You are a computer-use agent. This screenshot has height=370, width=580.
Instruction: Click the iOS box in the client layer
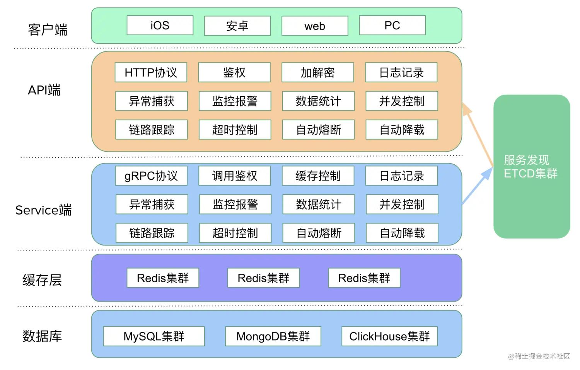click(160, 26)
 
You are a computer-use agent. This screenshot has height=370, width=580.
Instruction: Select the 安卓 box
click(237, 26)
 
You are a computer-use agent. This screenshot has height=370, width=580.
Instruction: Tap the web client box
click(315, 26)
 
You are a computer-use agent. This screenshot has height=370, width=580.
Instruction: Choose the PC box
click(392, 26)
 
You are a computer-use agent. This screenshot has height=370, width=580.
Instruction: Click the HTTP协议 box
click(151, 72)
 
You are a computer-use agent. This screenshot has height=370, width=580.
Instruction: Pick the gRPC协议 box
click(151, 176)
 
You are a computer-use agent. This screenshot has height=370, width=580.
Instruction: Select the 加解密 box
click(317, 72)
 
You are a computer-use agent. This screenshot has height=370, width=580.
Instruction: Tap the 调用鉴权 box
click(235, 176)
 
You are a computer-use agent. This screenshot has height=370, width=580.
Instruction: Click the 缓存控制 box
click(318, 176)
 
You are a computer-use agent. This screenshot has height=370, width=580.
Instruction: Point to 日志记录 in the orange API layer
click(401, 72)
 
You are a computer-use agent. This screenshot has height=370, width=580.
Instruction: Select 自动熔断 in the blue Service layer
click(319, 233)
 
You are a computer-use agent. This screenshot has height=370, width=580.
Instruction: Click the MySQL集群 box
click(154, 336)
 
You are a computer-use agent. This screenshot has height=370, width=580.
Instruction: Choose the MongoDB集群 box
click(273, 336)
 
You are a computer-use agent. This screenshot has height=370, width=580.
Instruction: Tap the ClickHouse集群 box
click(389, 336)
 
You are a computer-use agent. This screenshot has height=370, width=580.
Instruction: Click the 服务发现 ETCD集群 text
click(530, 167)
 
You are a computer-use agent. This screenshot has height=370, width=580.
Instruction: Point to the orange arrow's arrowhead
click(467, 108)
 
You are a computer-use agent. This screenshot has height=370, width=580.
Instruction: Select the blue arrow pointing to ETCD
click(478, 185)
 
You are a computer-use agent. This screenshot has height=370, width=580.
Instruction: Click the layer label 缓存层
click(42, 280)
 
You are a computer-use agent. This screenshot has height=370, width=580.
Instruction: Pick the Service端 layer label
click(43, 210)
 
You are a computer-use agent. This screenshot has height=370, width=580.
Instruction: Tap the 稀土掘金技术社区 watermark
click(539, 356)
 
